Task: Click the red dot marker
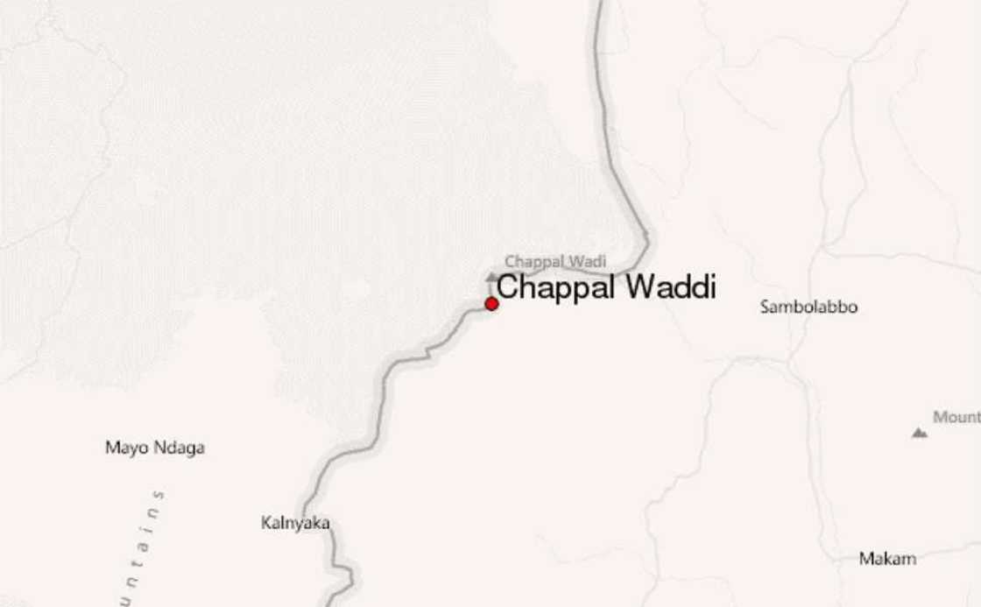(491, 303)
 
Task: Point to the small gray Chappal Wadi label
(555, 261)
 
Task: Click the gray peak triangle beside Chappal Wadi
(491, 276)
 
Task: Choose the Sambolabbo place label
(808, 307)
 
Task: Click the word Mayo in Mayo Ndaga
(124, 448)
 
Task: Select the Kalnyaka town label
(295, 523)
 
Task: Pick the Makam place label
(887, 558)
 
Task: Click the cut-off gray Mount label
(956, 417)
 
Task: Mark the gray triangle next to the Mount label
(919, 432)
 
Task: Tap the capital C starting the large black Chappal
(507, 287)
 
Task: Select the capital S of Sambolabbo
(765, 307)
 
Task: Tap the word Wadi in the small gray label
(588, 261)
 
